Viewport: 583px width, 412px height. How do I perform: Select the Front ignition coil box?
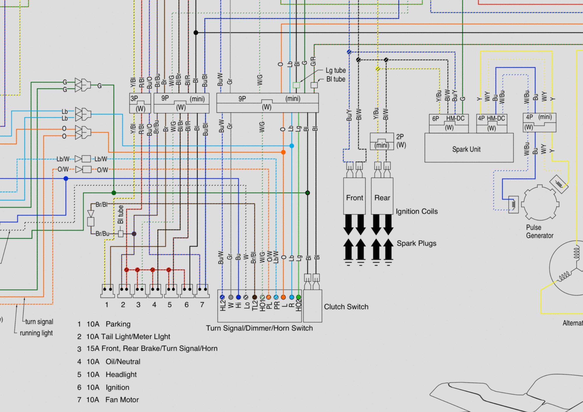point(354,196)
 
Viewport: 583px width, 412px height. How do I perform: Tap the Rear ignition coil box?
point(382,196)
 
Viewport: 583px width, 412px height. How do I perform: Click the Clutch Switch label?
point(346,307)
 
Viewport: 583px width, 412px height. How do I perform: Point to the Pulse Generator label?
point(540,232)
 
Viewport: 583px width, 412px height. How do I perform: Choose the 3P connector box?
point(140,103)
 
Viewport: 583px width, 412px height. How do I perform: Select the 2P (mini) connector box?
point(382,141)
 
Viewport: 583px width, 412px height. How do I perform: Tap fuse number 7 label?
point(202,305)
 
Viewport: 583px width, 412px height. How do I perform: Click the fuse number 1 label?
point(107,305)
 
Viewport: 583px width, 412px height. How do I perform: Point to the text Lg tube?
point(336,71)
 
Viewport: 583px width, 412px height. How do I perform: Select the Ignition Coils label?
point(417,212)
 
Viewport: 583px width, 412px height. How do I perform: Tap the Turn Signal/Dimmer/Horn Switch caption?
point(259,328)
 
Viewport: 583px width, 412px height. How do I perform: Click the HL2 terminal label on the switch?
point(223,306)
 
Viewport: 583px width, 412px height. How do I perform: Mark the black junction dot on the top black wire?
point(196,33)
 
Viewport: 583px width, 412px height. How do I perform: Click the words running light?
point(36,333)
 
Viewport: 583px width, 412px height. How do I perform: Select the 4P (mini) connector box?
point(539,122)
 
